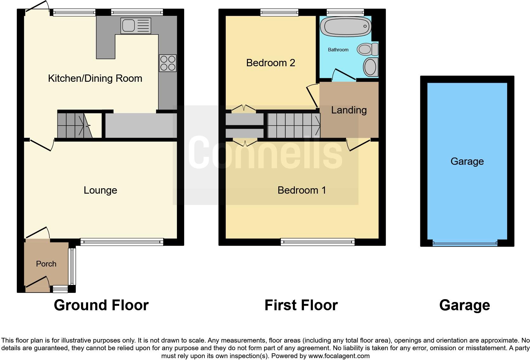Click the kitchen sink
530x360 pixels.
pos(136,26)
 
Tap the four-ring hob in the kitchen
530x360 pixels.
pos(168,63)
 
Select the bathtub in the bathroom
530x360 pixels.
pos(346,26)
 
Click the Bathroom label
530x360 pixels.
pos(338,50)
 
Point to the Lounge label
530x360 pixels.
pos(100,190)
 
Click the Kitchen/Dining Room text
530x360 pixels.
pos(95,78)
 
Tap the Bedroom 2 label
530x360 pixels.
pos(270,63)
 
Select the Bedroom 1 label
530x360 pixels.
pos(301,190)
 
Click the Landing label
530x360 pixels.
pos(349,110)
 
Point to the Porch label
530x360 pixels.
pos(46,264)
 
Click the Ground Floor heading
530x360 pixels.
pos(101,305)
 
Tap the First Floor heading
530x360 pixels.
pos(301,305)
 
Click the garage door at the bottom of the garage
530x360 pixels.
pos(465,243)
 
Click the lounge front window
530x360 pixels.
pos(122,242)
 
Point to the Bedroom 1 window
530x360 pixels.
pos(318,242)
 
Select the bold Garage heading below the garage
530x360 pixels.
pos(464,305)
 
